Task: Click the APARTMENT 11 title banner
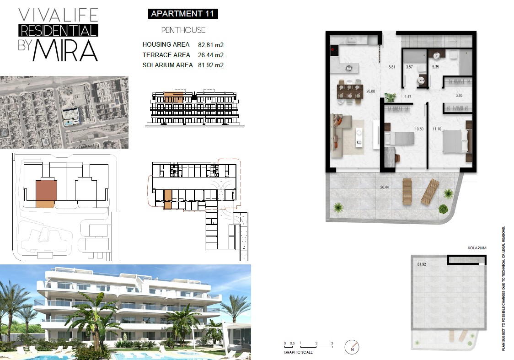point(183,14)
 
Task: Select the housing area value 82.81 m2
point(211,45)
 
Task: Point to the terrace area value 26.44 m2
point(211,55)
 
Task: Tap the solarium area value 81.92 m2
point(211,65)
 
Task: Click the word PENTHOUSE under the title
point(183,30)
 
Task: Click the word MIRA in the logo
point(65,50)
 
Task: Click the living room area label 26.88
point(371,91)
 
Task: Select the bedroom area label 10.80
point(419,129)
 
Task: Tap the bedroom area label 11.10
point(437,129)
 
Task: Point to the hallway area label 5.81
point(392,67)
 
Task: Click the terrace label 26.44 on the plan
point(385,187)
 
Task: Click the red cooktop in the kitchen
point(334,50)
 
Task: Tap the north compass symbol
point(352,347)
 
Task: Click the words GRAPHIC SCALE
point(298,352)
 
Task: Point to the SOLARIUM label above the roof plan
point(477,248)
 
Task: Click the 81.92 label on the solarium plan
point(422,264)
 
